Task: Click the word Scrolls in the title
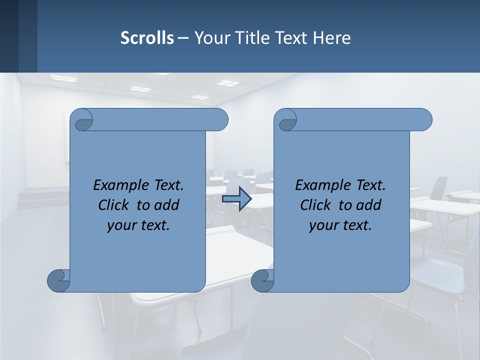147,38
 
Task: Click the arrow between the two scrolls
237,199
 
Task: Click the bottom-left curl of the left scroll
58,280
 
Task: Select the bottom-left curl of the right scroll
262,280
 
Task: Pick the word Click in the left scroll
113,205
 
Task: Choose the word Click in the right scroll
315,205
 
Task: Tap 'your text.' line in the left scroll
138,225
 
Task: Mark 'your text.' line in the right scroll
340,225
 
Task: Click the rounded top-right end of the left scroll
220,119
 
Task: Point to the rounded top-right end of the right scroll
424,119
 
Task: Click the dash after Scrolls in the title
183,38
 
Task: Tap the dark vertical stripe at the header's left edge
9,36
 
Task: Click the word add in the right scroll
369,205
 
